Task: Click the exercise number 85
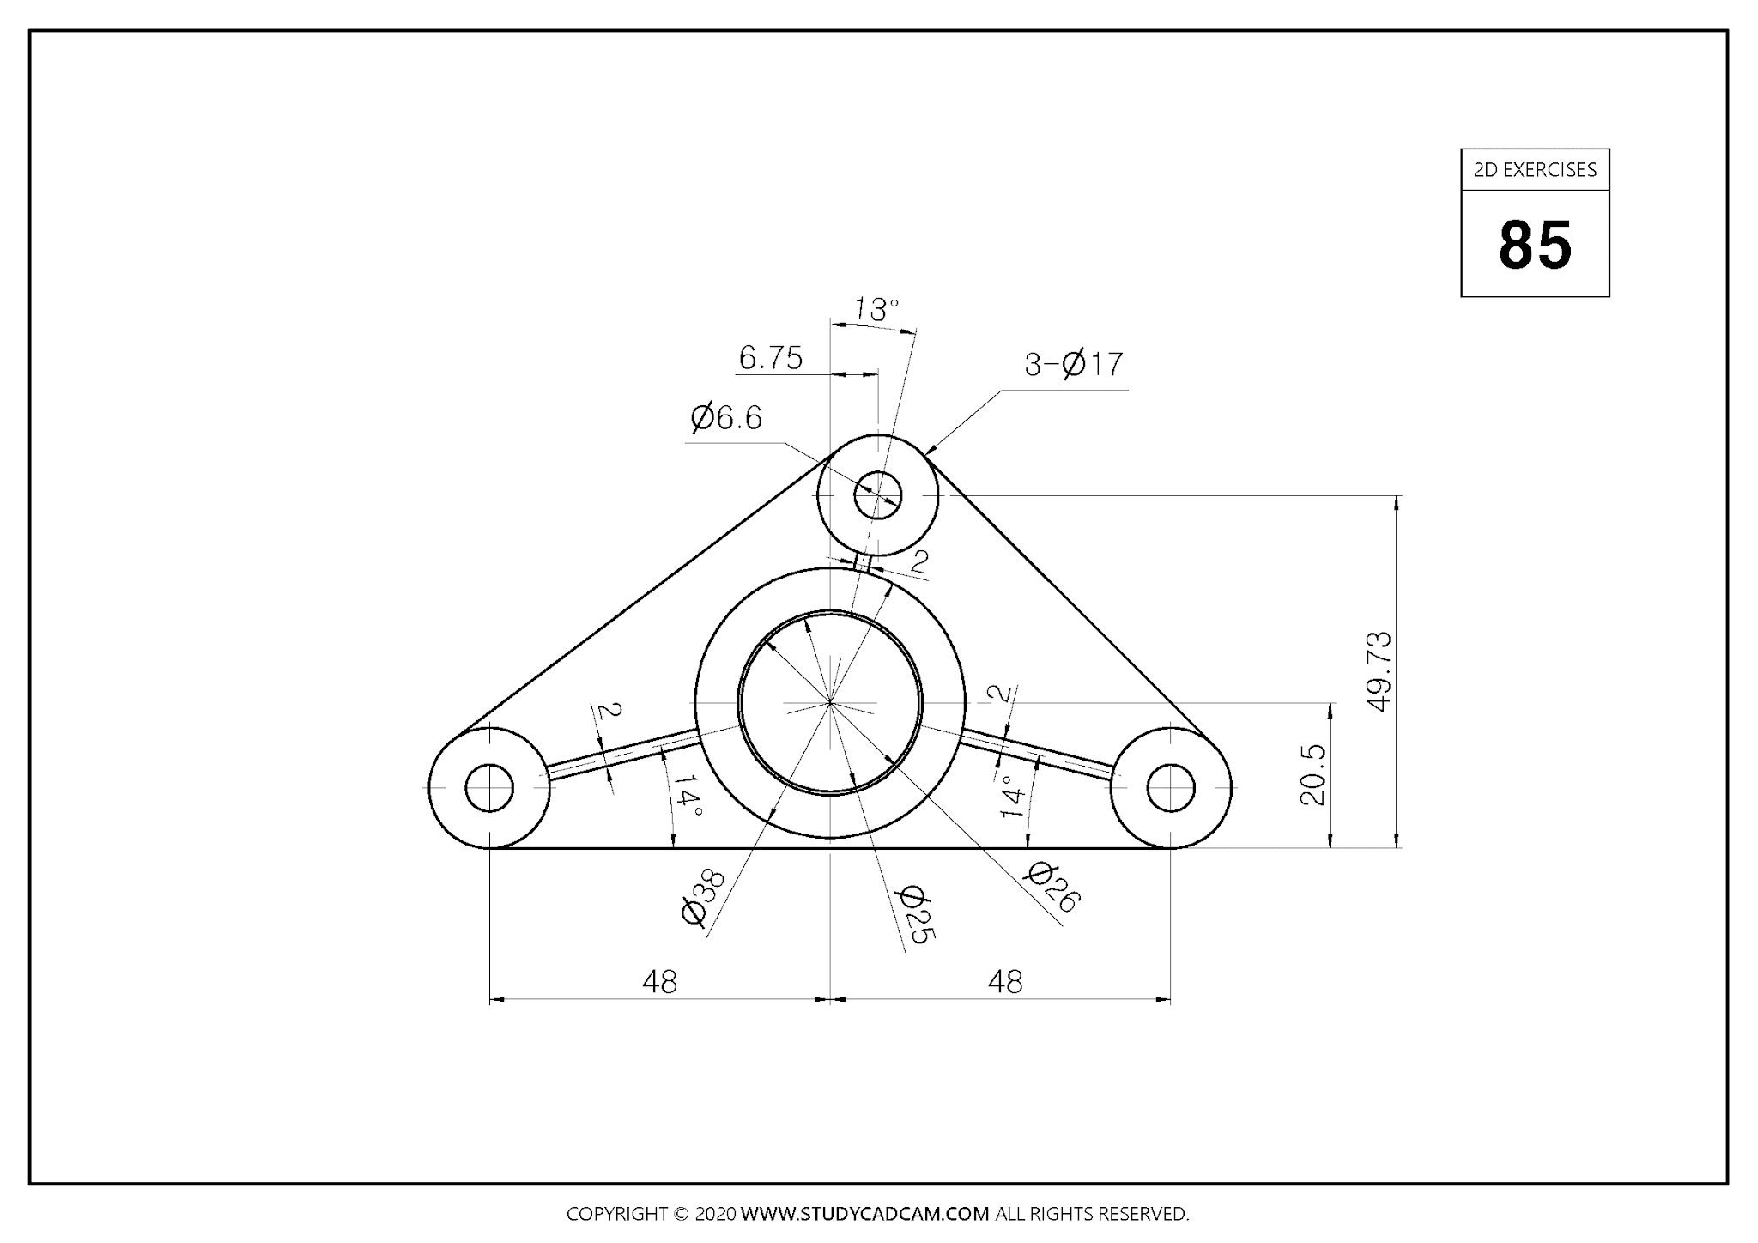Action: coord(1535,245)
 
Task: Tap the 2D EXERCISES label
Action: coord(1535,170)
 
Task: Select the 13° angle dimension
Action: coord(876,309)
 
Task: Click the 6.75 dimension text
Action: coord(771,358)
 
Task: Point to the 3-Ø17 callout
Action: coord(1073,365)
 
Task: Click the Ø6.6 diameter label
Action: coord(726,418)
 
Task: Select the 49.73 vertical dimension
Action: coord(1379,671)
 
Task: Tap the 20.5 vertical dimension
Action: coord(1313,774)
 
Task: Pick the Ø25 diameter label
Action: coord(912,915)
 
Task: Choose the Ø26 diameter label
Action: coord(1053,887)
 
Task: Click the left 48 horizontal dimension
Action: coord(659,981)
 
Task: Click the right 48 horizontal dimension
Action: coord(1004,981)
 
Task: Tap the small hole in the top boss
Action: coord(877,495)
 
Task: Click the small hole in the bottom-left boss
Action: coord(489,787)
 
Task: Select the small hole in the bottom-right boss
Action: coord(1171,787)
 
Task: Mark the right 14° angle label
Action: coord(1013,796)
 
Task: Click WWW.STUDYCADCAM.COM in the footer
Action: coord(864,1214)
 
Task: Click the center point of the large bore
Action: coord(830,703)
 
